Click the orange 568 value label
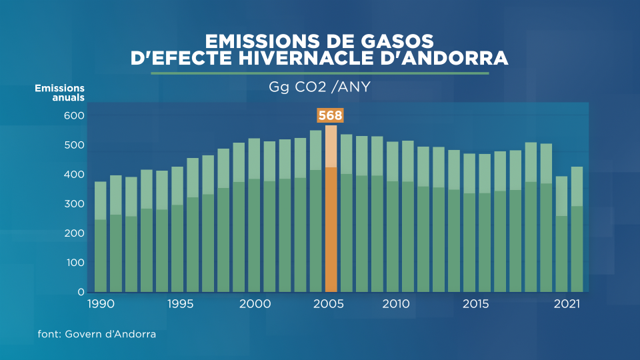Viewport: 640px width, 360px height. [330, 115]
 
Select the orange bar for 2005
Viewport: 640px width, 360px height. [331, 209]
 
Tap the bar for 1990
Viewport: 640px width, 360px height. [101, 237]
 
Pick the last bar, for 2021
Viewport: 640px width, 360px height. [577, 229]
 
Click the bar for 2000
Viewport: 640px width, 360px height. [254, 215]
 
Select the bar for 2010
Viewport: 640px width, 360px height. [393, 217]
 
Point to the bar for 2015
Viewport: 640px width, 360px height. [469, 223]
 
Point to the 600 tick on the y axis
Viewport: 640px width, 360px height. [74, 115]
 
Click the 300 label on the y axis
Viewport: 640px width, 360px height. [74, 204]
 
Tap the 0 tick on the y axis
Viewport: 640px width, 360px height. [81, 292]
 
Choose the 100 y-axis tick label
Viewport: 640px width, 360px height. [75, 263]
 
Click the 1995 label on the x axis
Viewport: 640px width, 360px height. [181, 304]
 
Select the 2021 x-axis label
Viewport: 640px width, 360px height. [567, 304]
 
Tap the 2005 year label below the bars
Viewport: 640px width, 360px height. [329, 304]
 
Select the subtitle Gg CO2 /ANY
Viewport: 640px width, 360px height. [319, 87]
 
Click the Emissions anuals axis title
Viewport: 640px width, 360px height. [59, 93]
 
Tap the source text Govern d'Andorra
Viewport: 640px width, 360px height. [110, 334]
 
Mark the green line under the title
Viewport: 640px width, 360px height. [320, 73]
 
